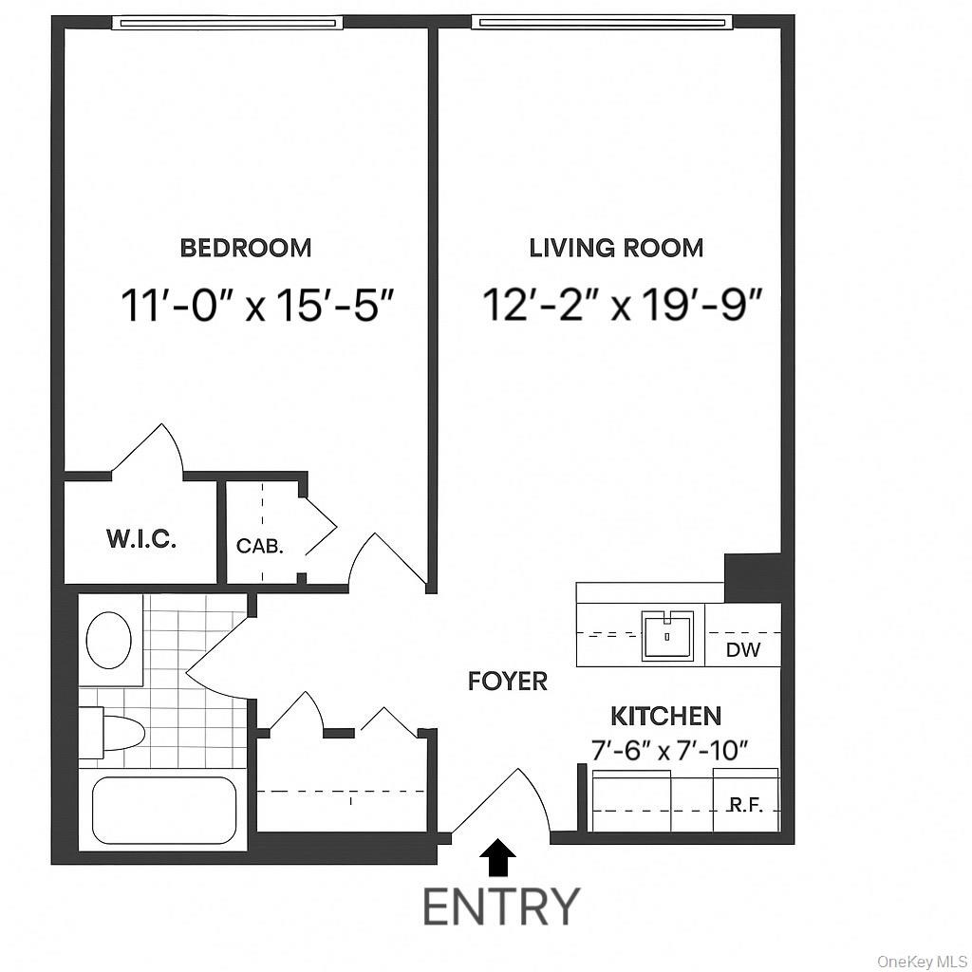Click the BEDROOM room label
click(246, 249)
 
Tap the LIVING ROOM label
click(616, 249)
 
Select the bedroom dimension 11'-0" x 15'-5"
click(256, 306)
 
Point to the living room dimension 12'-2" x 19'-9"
click(623, 306)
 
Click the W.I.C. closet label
click(140, 540)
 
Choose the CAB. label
click(259, 547)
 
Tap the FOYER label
click(507, 681)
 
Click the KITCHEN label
click(665, 716)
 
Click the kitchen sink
click(669, 635)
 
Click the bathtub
click(164, 810)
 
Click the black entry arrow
click(497, 859)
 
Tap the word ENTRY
click(500, 907)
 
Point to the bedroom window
click(225, 23)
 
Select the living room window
click(602, 23)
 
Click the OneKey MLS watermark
click(920, 961)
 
